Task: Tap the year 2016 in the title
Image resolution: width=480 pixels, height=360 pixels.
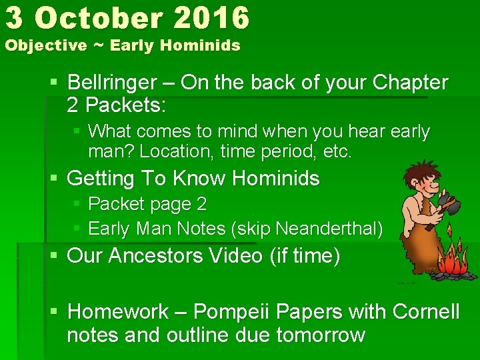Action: coord(211,18)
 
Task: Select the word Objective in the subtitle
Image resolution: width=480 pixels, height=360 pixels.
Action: coord(46,46)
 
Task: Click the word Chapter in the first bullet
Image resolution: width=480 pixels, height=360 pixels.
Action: coord(410,83)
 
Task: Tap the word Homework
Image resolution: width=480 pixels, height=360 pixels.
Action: coord(119,311)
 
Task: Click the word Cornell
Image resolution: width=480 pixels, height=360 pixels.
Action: coord(426,311)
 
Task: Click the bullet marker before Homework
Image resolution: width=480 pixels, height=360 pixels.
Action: coord(56,311)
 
